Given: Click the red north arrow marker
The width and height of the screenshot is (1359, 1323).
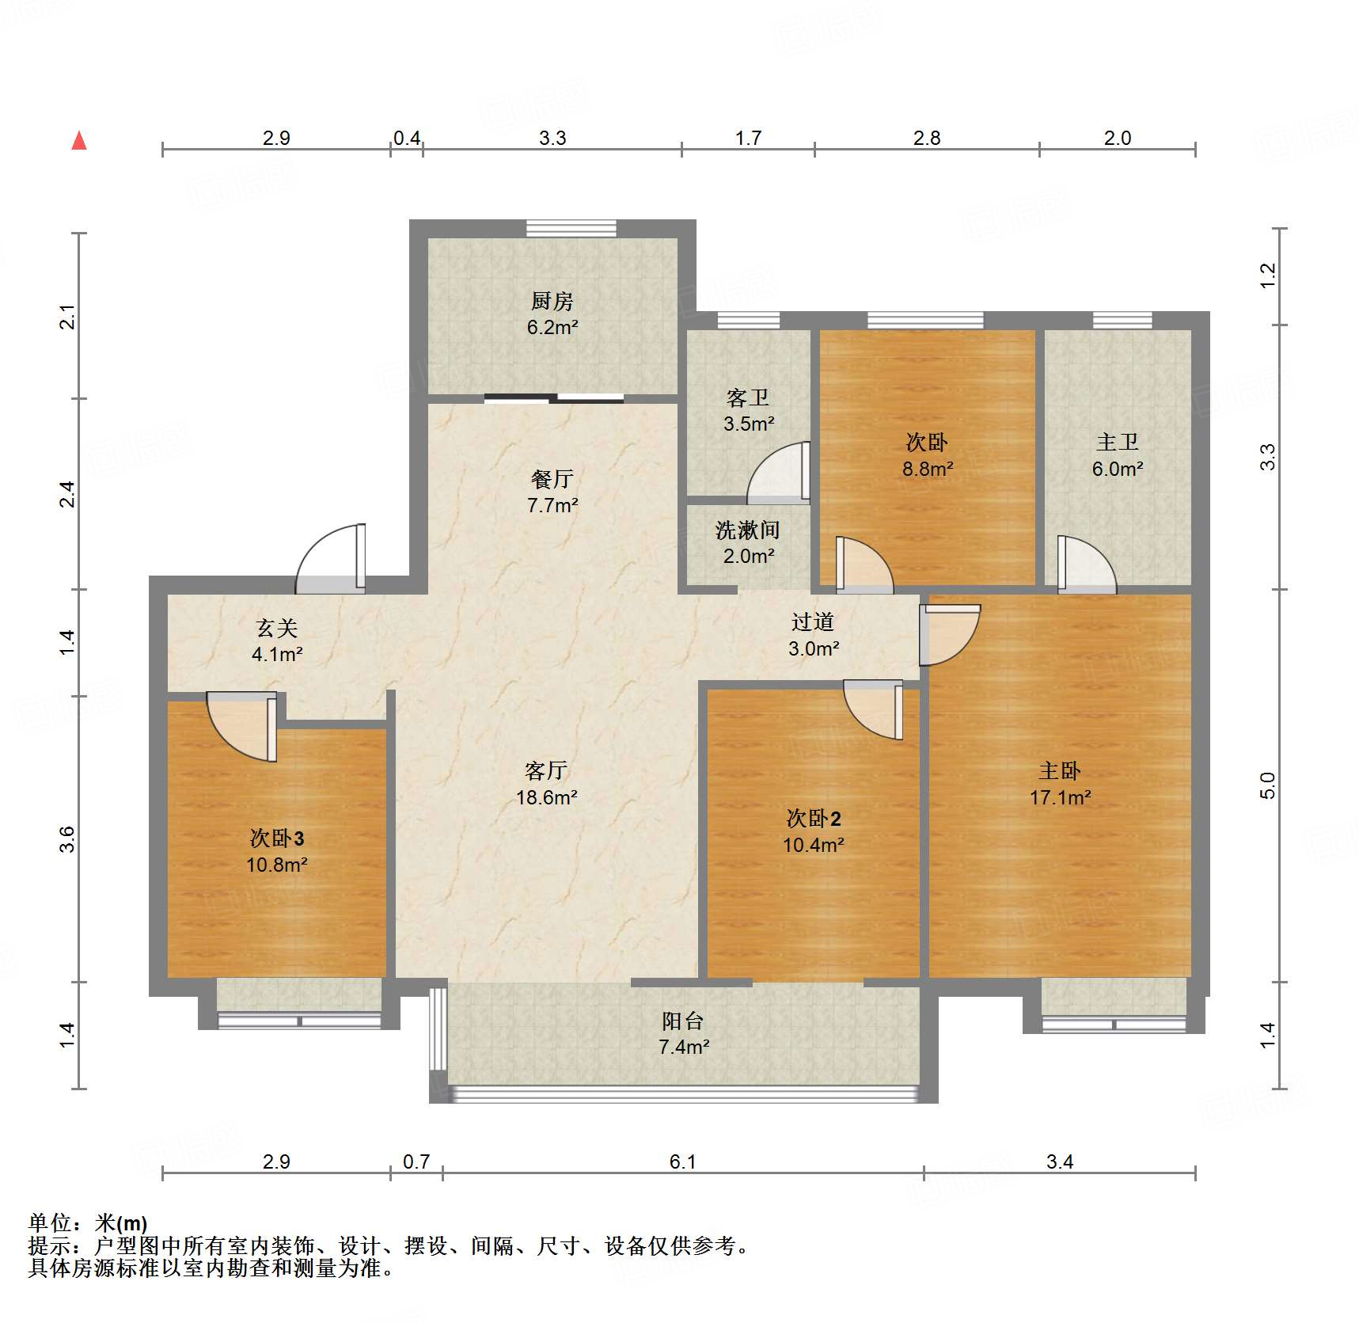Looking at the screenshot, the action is pyautogui.click(x=79, y=141).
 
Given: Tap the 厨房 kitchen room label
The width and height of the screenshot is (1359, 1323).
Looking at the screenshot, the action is pyautogui.click(x=552, y=301).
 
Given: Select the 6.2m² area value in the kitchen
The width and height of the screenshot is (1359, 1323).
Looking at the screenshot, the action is pyautogui.click(x=552, y=327).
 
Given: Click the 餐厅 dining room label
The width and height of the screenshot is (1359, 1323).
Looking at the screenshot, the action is pyautogui.click(x=552, y=479).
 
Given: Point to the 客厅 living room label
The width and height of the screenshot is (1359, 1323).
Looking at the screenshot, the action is pyautogui.click(x=546, y=770).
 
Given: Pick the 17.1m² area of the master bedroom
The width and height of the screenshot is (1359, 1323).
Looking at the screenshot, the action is pyautogui.click(x=1060, y=797).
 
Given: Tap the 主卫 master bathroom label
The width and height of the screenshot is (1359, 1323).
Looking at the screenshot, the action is pyautogui.click(x=1117, y=442).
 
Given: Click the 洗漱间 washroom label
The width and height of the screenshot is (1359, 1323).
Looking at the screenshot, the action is pyautogui.click(x=747, y=530).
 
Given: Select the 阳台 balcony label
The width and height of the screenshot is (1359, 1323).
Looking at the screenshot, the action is pyautogui.click(x=683, y=1021).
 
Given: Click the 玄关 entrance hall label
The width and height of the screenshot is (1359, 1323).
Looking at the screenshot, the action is pyautogui.click(x=277, y=628).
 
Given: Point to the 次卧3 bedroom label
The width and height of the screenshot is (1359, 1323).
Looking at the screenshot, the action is pyautogui.click(x=277, y=838).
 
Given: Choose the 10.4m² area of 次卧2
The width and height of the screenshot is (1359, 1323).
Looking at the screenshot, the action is pyautogui.click(x=814, y=845).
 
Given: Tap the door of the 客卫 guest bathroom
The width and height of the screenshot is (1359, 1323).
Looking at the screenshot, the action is pyautogui.click(x=779, y=473).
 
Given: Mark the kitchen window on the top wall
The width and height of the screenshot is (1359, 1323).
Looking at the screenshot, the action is pyautogui.click(x=571, y=228).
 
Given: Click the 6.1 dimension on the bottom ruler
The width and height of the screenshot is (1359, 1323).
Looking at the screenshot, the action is pyautogui.click(x=682, y=1161).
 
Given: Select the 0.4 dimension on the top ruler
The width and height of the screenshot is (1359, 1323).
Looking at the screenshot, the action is pyautogui.click(x=407, y=138).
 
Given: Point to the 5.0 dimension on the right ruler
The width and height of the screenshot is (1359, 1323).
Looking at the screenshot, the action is pyautogui.click(x=1267, y=785).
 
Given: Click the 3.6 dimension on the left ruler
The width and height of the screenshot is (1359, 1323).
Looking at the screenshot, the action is pyautogui.click(x=68, y=838).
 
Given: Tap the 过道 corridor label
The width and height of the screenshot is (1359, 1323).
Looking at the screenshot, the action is pyautogui.click(x=813, y=622).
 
